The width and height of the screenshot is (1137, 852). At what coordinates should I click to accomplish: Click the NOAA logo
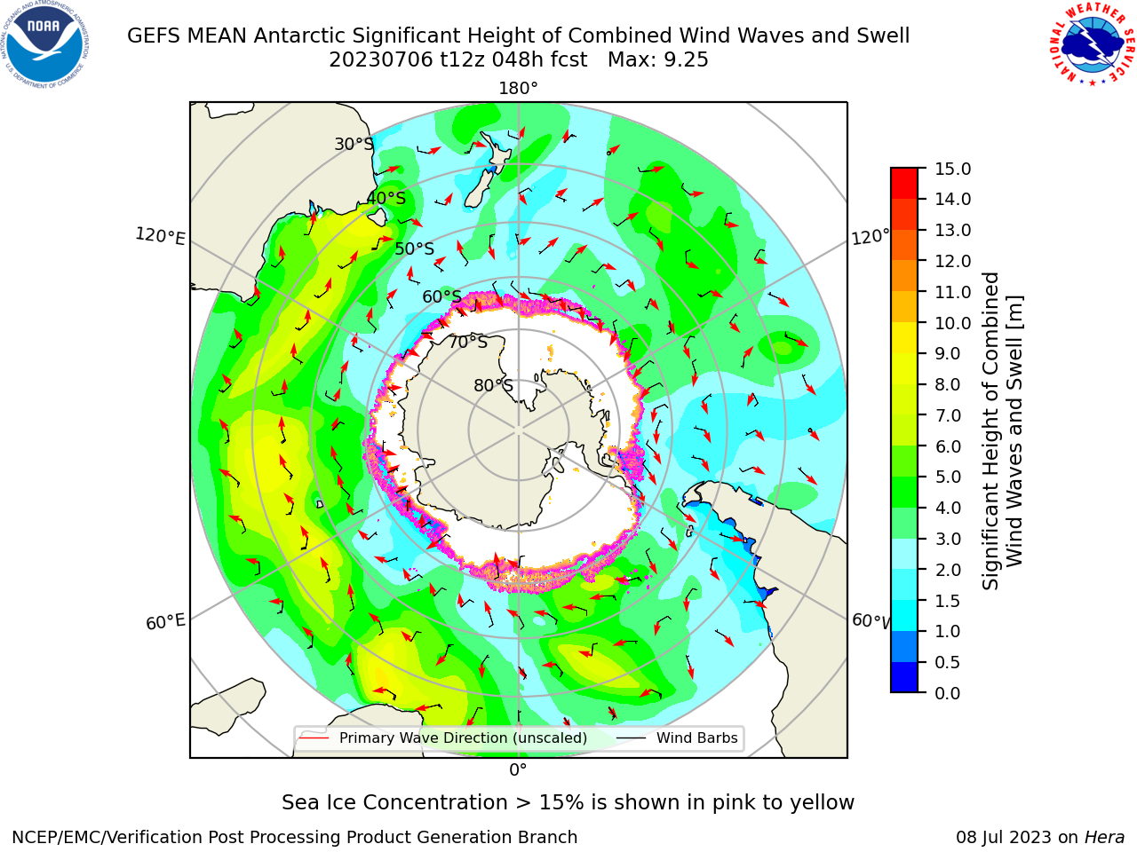click(45, 44)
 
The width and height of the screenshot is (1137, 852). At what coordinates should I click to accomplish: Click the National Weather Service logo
click(1092, 43)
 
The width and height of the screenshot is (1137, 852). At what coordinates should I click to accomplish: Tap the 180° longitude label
click(518, 89)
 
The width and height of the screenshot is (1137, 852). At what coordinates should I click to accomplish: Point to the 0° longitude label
click(518, 770)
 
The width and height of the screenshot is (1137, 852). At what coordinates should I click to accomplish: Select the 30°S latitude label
click(354, 144)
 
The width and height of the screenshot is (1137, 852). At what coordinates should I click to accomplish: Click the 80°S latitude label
click(494, 385)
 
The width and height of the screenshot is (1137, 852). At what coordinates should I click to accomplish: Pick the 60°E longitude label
click(165, 622)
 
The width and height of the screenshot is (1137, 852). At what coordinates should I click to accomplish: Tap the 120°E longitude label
click(160, 236)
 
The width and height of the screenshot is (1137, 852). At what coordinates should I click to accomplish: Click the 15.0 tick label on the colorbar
click(952, 169)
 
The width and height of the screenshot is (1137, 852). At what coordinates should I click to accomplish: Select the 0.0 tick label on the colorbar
click(948, 693)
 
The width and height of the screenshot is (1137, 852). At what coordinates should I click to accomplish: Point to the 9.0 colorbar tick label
click(948, 354)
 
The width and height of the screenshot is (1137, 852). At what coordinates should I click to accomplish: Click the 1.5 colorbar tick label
click(948, 601)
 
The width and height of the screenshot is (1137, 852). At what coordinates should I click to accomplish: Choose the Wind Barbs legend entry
click(679, 738)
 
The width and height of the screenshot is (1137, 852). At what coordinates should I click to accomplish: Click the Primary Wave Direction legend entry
click(443, 738)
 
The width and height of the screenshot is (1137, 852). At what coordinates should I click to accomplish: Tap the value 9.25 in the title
click(687, 60)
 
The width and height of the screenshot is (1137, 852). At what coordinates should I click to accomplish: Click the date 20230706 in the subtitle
click(381, 60)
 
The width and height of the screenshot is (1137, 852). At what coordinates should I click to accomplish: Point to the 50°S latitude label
click(415, 249)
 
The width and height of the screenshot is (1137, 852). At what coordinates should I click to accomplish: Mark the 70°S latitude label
click(468, 343)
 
